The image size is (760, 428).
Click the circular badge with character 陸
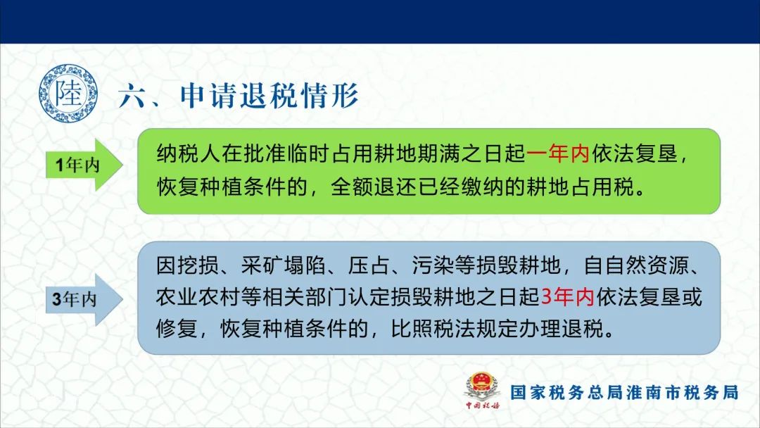coord(68,94)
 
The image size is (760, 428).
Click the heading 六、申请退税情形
coord(239,96)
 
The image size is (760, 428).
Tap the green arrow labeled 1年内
coord(84,165)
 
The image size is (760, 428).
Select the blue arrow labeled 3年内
coord(84,299)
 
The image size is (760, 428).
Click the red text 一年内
coord(558,153)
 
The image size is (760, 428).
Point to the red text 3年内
coord(568,296)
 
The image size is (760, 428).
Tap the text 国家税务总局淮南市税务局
coord(624,392)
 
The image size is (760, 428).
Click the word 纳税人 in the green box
coord(188,153)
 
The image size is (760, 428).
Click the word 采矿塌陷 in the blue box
coord(284,265)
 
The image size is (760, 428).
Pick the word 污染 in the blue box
coord(433,265)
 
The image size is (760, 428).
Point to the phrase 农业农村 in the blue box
coord(198,296)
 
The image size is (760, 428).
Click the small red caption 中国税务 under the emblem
coord(483,405)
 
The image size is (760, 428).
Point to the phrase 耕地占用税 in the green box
coord(580,187)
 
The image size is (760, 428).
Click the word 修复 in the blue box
coord(177,329)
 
